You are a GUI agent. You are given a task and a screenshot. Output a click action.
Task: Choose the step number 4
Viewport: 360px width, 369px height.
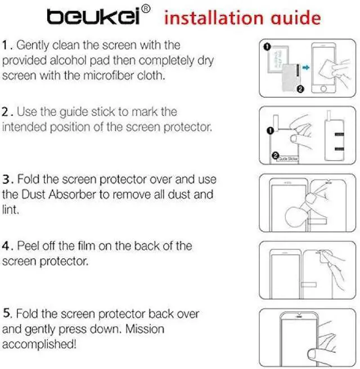(x=6, y=246)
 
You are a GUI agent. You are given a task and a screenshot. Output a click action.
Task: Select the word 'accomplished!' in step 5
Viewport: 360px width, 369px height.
(x=37, y=343)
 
